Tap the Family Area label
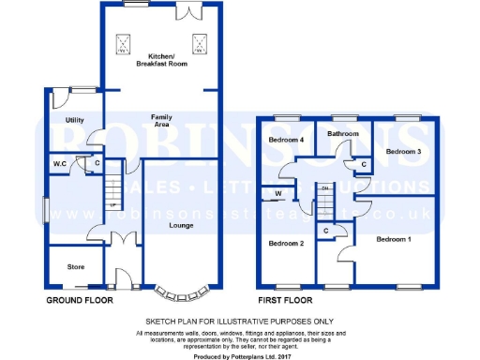coord(161,119)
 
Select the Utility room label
coord(75,120)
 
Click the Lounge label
coord(181,226)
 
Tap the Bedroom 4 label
coord(287,140)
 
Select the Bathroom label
coord(343,134)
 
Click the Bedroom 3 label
coord(403,151)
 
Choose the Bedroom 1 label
coord(394,240)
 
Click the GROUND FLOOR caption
coord(80,301)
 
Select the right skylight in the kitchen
coord(199,43)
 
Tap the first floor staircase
coord(324,199)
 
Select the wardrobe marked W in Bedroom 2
coord(279,196)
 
